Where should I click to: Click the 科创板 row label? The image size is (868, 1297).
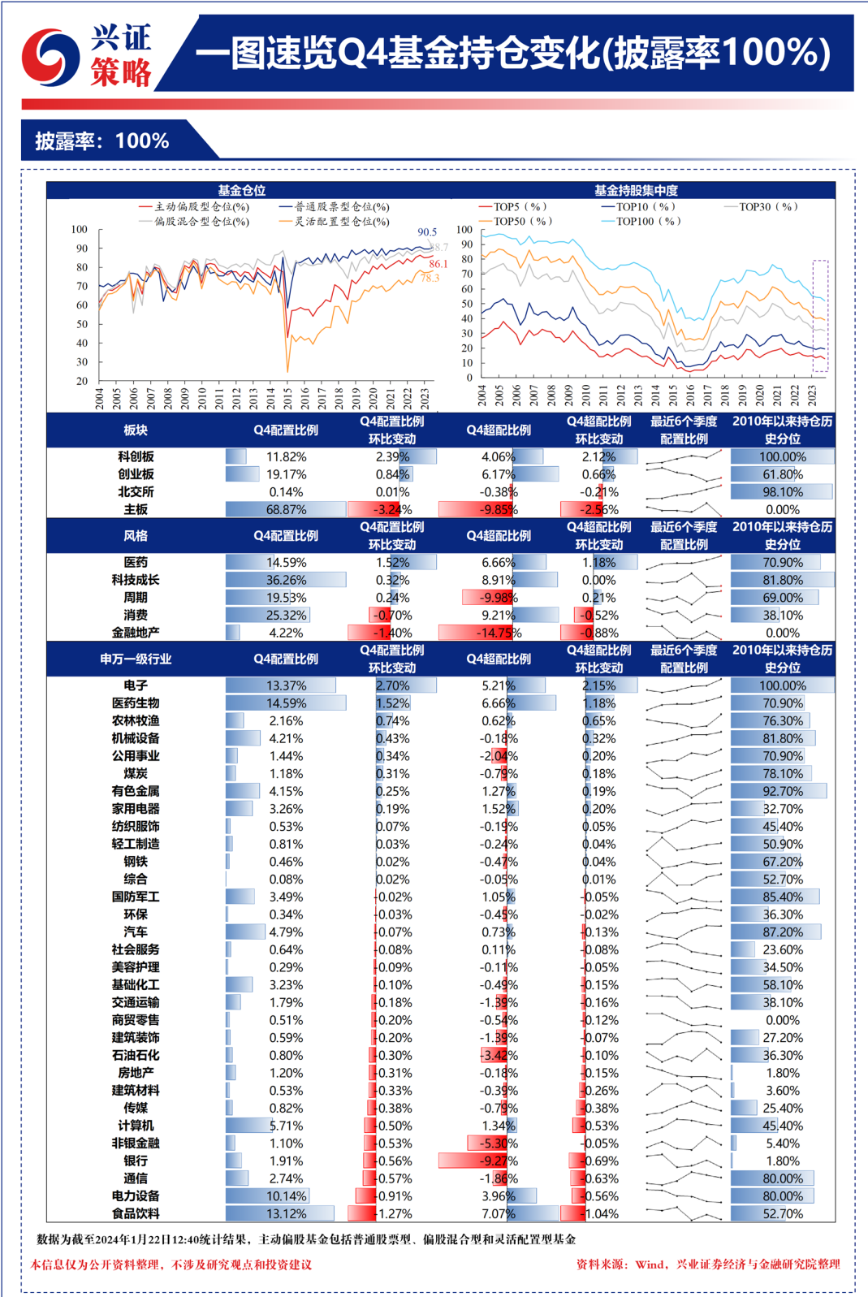point(136,456)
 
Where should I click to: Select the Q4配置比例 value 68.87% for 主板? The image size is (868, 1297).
point(286,510)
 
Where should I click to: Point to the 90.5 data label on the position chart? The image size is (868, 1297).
point(427,232)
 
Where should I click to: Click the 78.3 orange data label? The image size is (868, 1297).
point(430,278)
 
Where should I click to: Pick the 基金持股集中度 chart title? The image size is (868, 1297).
point(636,190)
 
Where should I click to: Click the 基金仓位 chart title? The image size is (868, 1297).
point(241,190)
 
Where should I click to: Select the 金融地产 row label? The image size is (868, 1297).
point(136,633)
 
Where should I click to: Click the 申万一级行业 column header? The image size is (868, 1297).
point(136,659)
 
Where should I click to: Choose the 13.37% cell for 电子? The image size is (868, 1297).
point(286,685)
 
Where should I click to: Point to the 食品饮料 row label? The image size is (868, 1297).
point(136,1213)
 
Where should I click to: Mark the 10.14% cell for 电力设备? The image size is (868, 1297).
point(286,1196)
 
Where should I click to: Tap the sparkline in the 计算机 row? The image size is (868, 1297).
point(684,1126)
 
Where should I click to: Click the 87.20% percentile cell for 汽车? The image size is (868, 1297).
point(783,932)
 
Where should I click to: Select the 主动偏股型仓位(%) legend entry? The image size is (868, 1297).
point(195,207)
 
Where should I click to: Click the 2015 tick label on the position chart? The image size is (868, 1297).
point(287,397)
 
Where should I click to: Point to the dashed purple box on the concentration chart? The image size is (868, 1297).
point(820,316)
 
